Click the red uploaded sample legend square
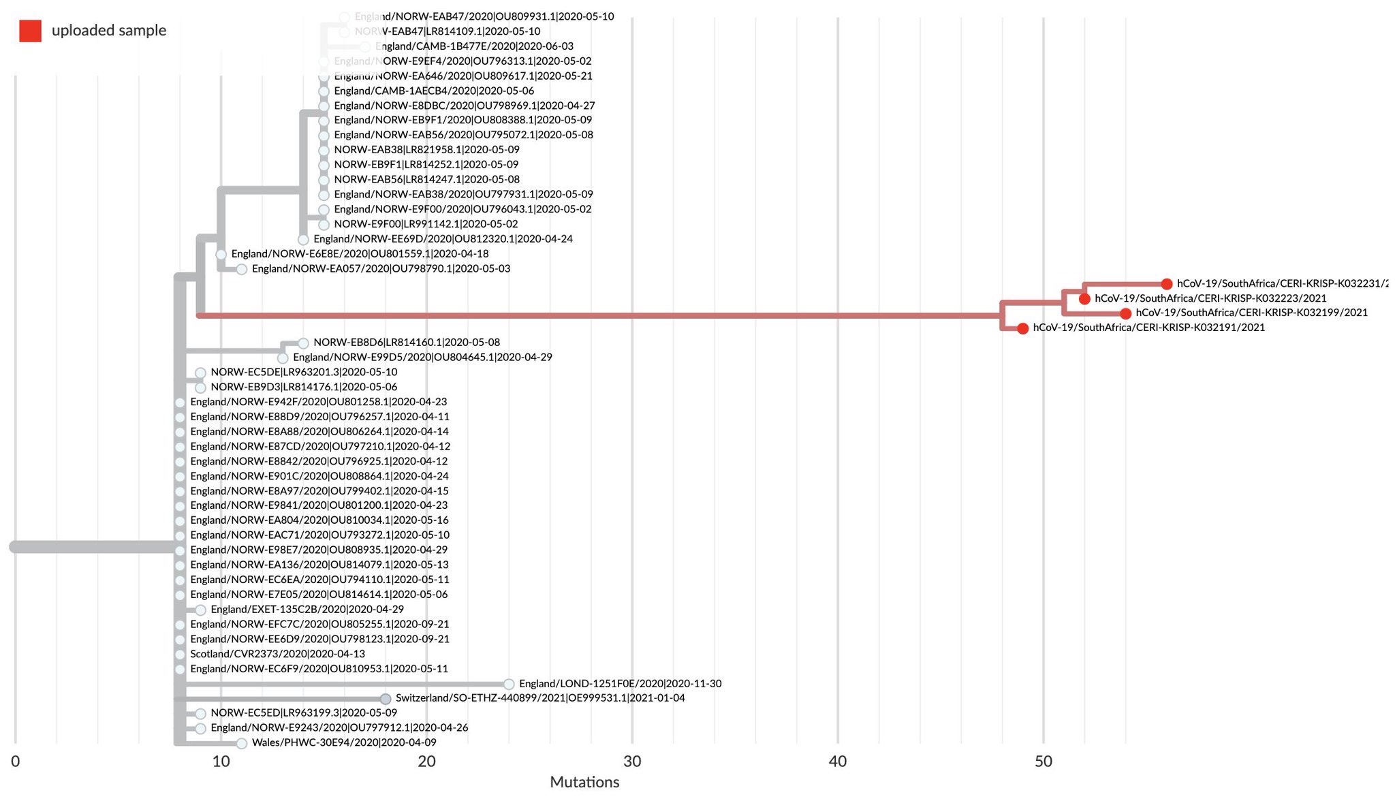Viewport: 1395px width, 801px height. click(30, 31)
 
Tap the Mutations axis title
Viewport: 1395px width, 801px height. click(584, 782)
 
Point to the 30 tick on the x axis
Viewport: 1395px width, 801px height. click(632, 761)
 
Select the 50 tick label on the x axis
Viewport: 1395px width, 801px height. click(1043, 761)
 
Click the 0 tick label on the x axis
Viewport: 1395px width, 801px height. click(16, 761)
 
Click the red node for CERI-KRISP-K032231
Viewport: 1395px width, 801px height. click(1167, 284)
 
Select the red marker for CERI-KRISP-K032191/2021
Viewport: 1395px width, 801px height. click(1022, 329)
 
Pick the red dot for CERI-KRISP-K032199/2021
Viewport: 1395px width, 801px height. click(1126, 314)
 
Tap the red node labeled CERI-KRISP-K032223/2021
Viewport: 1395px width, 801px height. click(1084, 299)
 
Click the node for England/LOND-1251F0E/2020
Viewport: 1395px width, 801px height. click(509, 684)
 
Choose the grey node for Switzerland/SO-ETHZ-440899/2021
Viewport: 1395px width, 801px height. click(386, 699)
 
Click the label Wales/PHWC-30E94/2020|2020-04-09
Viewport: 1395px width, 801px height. click(344, 742)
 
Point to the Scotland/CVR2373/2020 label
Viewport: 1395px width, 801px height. click(277, 654)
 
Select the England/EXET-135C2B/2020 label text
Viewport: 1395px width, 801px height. click(307, 610)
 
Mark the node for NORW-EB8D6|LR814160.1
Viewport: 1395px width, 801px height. click(303, 343)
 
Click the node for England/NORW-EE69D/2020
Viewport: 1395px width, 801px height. click(303, 240)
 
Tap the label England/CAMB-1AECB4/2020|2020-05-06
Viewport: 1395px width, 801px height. click(434, 91)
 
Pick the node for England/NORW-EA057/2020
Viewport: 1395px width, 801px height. click(241, 270)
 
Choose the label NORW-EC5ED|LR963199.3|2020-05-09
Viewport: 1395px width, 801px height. click(304, 713)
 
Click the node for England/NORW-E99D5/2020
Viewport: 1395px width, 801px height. click(283, 358)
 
